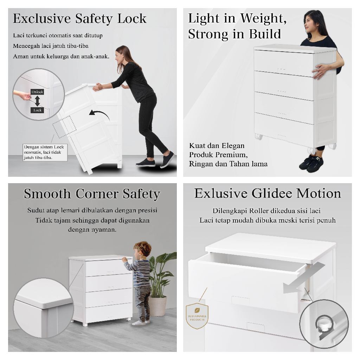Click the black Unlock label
[37, 92]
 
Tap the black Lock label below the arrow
[37, 110]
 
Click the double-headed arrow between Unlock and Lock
[37, 101]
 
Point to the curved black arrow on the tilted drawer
[99, 114]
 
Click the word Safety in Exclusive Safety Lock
[94, 19]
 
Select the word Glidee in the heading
[272, 193]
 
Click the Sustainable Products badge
[197, 316]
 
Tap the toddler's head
[142, 249]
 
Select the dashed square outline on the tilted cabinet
[64, 127]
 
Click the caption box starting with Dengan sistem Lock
[45, 152]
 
